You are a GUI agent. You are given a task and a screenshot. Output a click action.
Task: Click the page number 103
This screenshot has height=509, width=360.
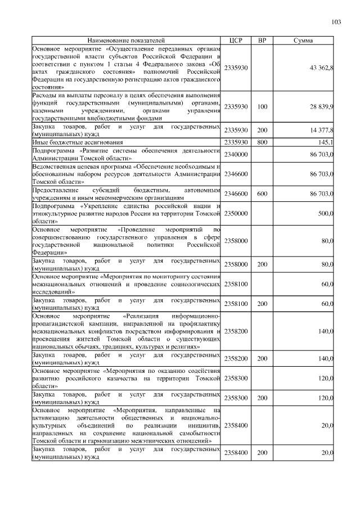coord(336,22)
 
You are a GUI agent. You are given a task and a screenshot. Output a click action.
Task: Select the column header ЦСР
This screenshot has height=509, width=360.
coord(235,41)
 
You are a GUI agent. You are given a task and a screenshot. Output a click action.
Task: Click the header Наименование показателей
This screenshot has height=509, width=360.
coord(127,41)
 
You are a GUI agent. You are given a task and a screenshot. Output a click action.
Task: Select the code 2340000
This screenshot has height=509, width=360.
coord(235,154)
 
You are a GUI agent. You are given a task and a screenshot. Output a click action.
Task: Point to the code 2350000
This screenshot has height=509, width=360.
coord(235,214)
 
